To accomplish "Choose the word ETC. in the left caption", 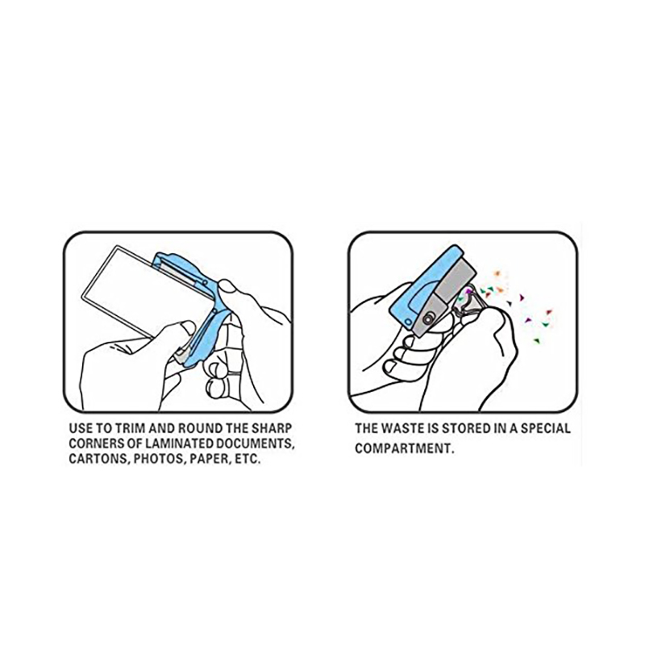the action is pos(248,459).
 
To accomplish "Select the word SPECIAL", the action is pos(546,429).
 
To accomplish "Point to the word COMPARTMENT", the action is pos(404,448).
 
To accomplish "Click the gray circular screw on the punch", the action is pos(429,318).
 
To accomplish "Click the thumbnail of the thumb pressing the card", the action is pos(189,328).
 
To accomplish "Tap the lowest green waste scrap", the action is pos(536,340).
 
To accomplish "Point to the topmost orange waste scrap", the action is pos(497,273).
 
